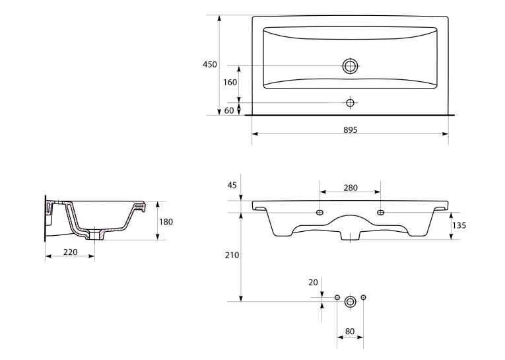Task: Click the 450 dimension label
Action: tap(210, 65)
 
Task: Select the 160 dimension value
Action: tap(230, 83)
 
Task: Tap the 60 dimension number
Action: tap(229, 110)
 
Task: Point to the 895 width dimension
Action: tap(350, 129)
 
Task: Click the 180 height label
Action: tap(166, 222)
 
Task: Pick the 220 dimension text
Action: tap(70, 252)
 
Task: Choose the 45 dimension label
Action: tap(232, 185)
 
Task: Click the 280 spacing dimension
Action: tap(351, 188)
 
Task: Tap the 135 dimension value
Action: tap(459, 225)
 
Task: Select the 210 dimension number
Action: tap(232, 255)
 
